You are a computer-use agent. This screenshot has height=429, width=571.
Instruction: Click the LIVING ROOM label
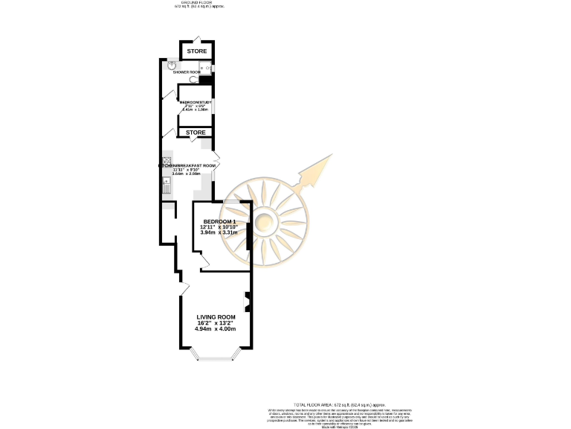click(x=216, y=317)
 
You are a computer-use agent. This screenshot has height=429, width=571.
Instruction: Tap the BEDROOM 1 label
click(x=219, y=221)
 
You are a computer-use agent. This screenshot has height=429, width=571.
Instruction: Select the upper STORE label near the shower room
click(x=196, y=51)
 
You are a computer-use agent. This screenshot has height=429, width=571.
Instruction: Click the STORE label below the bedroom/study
click(x=196, y=133)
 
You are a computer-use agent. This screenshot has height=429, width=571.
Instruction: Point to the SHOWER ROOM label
click(x=187, y=72)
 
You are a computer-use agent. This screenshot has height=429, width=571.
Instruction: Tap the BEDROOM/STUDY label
click(x=196, y=101)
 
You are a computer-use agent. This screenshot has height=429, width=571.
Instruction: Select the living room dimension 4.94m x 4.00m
click(x=216, y=328)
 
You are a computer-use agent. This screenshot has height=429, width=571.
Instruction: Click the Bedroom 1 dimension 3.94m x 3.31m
click(x=219, y=233)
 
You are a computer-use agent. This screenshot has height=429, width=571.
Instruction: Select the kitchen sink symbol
click(x=167, y=185)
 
